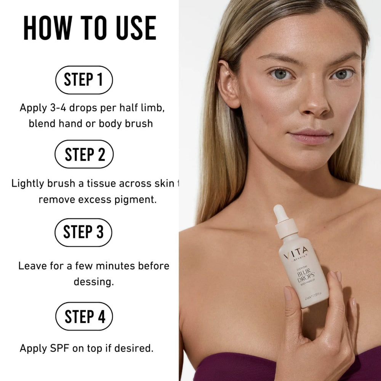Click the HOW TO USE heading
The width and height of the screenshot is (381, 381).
point(90,28)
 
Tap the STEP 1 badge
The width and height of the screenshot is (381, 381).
point(84,80)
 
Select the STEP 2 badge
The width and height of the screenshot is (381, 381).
point(84,154)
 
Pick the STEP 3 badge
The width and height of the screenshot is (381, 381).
point(83,232)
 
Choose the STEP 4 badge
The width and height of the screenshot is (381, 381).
point(84,316)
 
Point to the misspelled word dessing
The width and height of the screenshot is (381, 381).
point(94,282)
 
